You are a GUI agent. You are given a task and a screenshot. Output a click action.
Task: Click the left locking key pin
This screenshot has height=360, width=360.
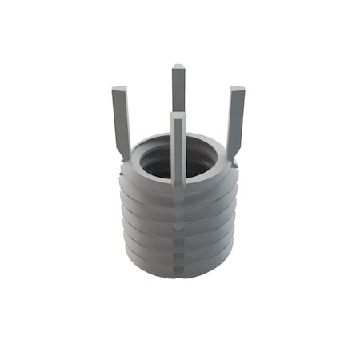(121, 120)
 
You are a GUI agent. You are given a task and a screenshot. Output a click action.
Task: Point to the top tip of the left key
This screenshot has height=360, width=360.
(118, 89)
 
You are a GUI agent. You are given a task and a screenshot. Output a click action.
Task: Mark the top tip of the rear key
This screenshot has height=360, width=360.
(178, 67)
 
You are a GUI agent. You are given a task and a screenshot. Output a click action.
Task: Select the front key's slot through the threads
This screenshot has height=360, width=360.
(178, 232)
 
